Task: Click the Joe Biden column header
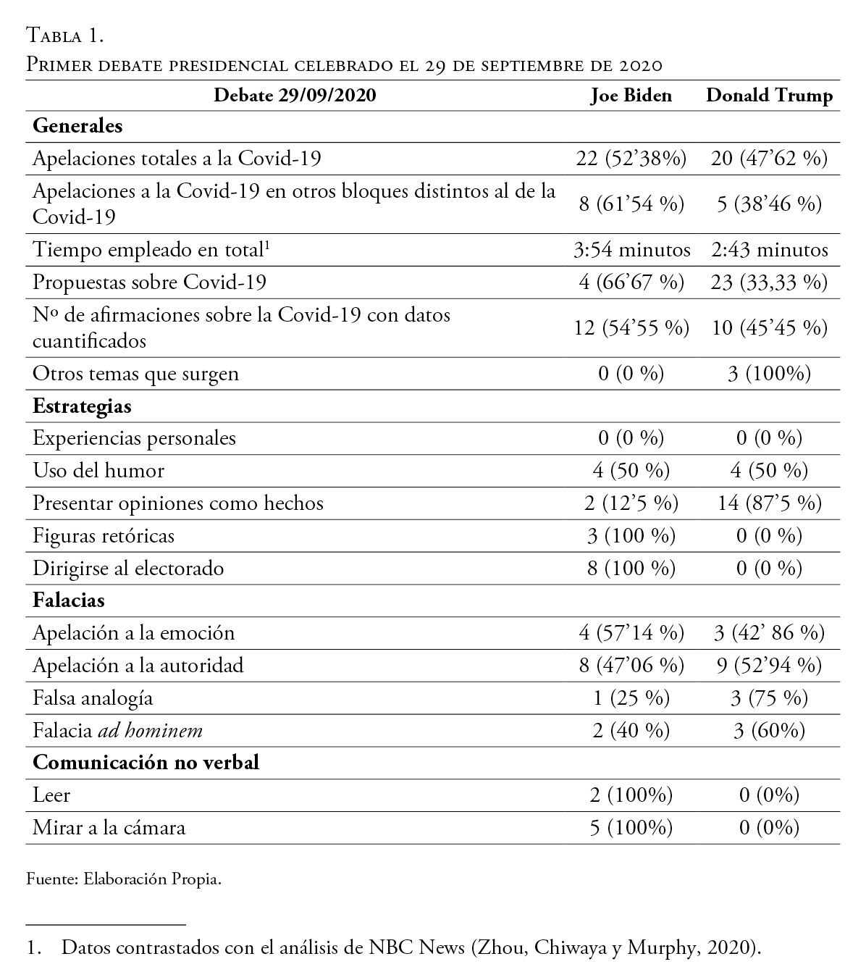coord(631,96)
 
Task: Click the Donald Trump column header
coord(769,96)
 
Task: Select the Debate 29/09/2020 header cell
coord(295,96)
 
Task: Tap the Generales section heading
coord(78,126)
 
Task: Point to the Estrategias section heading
coord(83,406)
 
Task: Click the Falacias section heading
coord(69,600)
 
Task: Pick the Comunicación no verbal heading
coord(146,763)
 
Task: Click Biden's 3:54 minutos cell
coord(631,250)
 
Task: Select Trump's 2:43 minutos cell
coord(769,250)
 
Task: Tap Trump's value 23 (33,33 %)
coord(769,282)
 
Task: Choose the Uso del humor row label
coord(98,471)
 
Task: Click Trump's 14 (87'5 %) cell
coord(769,503)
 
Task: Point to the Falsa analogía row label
coord(93,698)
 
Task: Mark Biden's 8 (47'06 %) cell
coord(631,666)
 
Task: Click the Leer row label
coord(51,795)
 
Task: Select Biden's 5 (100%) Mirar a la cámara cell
coord(631,828)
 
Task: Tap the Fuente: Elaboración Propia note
coord(123,880)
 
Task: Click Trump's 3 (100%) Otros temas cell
coord(769,374)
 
